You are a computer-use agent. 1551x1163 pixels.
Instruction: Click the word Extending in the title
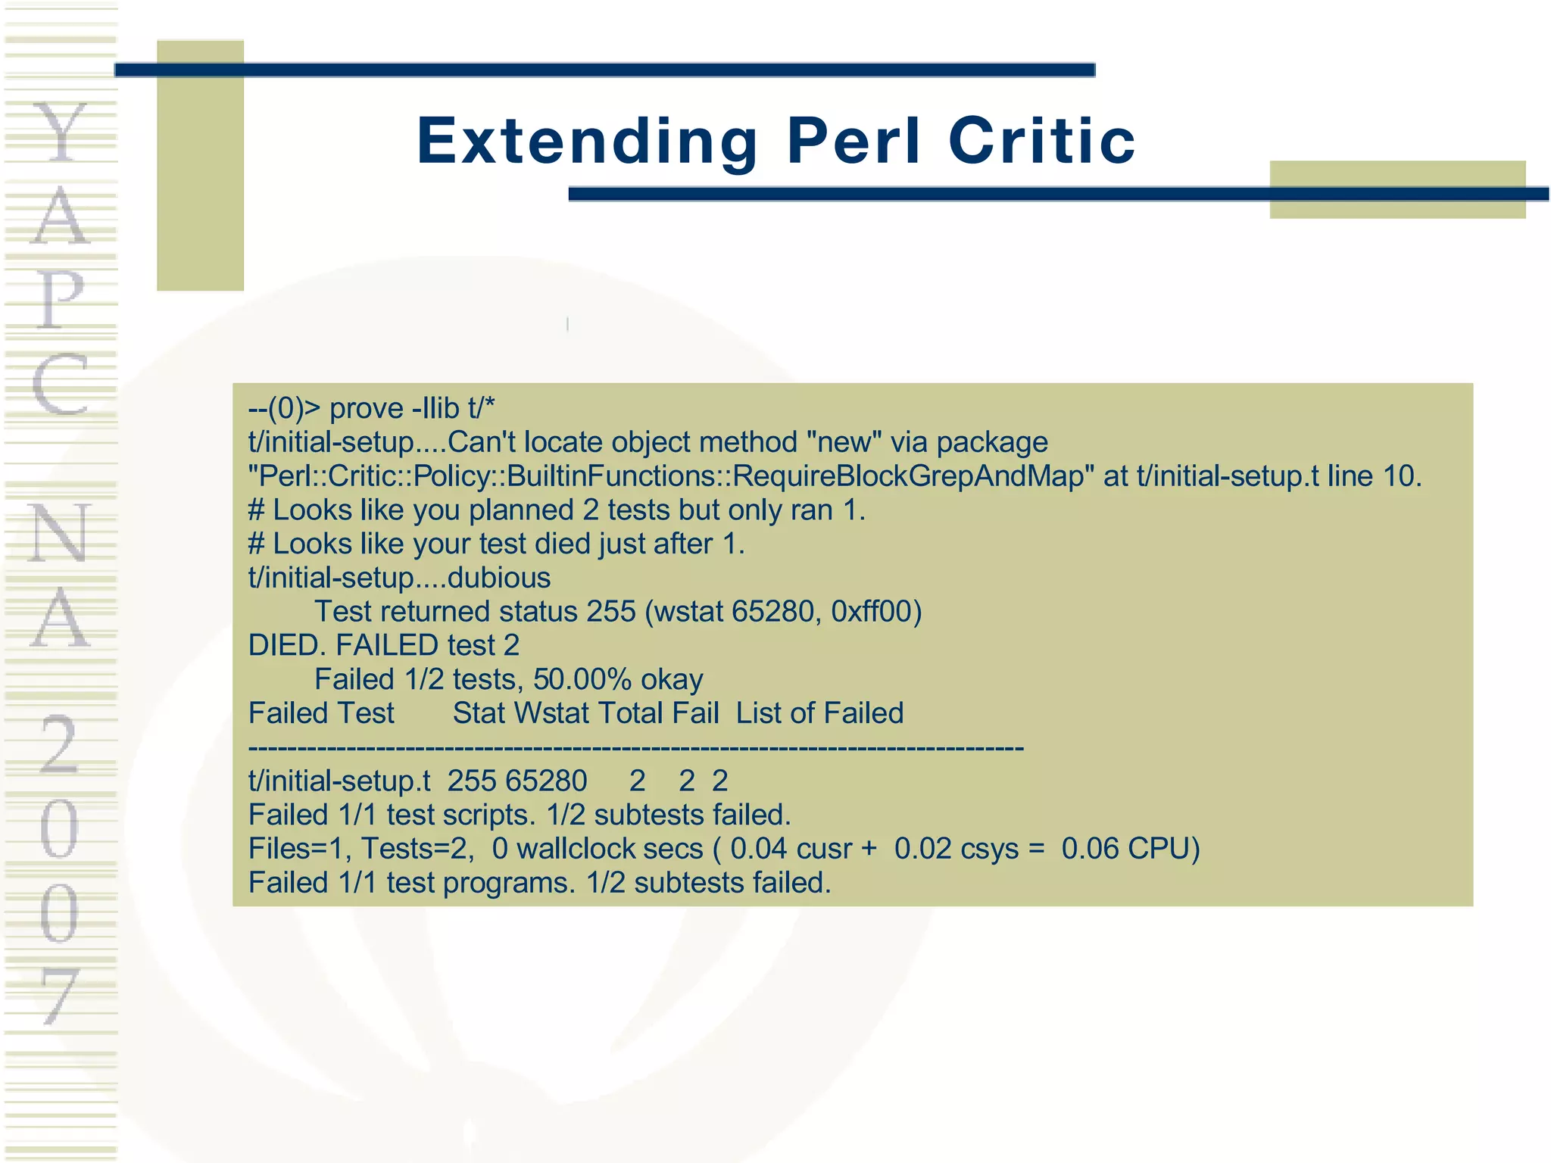point(587,142)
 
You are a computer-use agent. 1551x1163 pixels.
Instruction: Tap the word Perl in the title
point(854,142)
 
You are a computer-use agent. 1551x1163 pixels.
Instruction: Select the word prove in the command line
point(367,409)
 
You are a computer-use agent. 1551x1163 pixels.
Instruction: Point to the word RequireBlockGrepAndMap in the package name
point(909,476)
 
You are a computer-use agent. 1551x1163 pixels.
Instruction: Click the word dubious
point(499,578)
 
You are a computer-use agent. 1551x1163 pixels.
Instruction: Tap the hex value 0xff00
point(875,612)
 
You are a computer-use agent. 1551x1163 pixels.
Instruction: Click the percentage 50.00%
point(582,680)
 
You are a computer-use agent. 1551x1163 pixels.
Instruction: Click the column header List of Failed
point(819,713)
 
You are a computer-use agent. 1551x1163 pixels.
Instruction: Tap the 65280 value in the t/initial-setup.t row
point(546,781)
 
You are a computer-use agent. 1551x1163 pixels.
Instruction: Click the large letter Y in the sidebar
point(61,134)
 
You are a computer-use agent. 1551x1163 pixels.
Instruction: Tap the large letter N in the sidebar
point(59,534)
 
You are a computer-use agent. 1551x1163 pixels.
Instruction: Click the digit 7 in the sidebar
point(61,996)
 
